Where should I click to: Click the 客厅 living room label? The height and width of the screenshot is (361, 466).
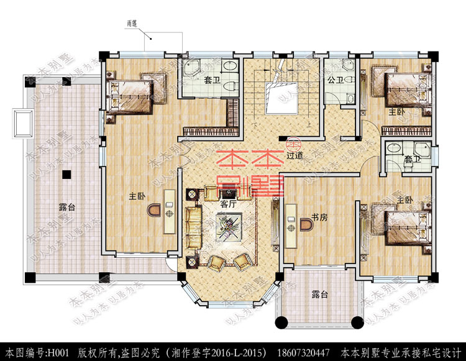(228, 203)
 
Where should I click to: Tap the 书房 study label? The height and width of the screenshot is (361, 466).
(319, 217)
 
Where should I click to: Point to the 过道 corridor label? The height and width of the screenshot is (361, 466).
(295, 155)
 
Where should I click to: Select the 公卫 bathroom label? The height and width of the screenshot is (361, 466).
(336, 80)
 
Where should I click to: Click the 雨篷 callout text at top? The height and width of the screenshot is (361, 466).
(132, 23)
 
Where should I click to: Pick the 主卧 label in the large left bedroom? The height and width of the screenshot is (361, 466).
(137, 196)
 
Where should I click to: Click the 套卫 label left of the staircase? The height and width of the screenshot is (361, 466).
(212, 80)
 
